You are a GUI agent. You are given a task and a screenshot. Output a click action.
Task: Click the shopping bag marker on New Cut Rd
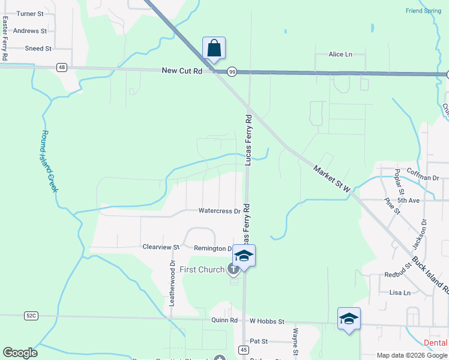214,48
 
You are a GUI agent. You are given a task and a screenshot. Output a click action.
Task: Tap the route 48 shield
62,67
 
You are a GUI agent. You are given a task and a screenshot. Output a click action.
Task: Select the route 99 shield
232,72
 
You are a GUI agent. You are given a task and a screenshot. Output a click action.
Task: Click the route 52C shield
31,315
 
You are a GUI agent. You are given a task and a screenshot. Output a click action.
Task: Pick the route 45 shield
243,350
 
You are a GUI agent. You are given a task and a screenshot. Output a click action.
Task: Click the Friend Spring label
423,11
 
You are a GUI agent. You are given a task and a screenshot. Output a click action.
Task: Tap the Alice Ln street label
340,54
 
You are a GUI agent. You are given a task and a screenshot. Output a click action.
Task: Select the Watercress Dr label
220,211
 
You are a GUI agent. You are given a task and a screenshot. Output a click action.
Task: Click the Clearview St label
161,247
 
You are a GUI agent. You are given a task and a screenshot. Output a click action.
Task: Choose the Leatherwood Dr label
172,284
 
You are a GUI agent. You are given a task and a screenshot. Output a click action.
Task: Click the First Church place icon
233,269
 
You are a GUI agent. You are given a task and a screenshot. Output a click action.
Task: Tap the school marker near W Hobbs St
349,318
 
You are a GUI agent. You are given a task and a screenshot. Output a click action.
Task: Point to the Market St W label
331,179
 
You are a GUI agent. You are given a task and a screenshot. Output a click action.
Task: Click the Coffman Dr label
423,177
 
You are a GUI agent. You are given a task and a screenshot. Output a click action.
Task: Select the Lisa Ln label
400,293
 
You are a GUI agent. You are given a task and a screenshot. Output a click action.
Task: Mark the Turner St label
30,13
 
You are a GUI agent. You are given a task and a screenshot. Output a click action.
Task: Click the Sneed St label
38,48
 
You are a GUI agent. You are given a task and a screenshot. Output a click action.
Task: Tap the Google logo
20,353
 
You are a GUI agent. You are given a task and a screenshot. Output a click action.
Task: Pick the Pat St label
258,341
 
